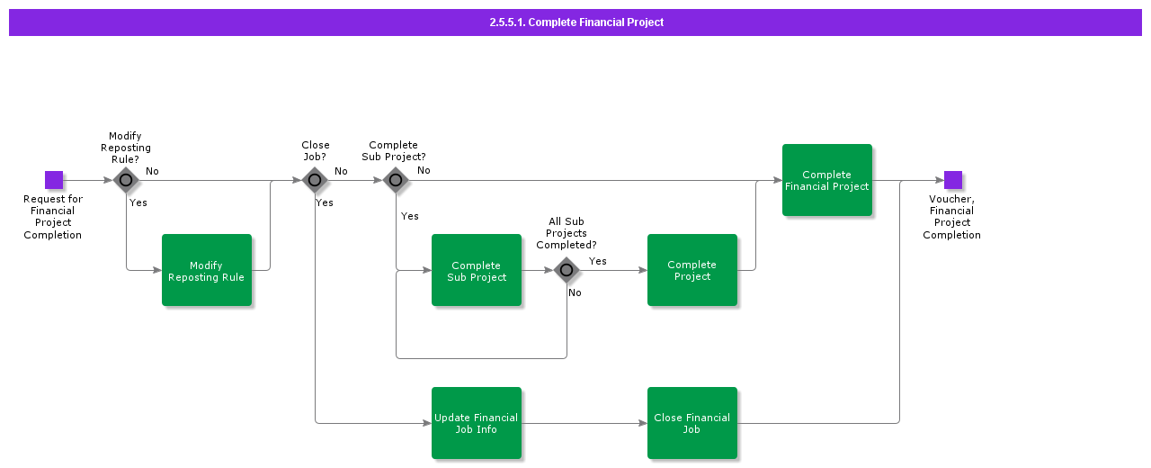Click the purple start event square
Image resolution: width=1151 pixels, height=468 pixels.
click(54, 180)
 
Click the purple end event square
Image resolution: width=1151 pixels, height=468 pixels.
click(953, 180)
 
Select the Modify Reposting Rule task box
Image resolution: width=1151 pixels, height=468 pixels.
click(207, 270)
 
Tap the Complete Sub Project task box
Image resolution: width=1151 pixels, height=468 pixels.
click(477, 270)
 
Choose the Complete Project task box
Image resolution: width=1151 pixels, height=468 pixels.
click(692, 270)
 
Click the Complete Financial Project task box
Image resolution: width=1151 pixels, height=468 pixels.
click(827, 180)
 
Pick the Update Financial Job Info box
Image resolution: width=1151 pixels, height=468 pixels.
click(477, 423)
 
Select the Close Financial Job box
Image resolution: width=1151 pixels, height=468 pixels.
click(692, 423)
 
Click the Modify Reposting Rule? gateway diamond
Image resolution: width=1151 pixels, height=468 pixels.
click(126, 180)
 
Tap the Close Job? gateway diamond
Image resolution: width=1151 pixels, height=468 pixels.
click(315, 180)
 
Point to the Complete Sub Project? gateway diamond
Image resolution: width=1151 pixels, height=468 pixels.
click(396, 180)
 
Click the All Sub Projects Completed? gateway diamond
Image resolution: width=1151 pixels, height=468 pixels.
click(567, 270)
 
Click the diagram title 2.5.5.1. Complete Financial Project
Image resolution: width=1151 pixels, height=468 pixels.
click(576, 22)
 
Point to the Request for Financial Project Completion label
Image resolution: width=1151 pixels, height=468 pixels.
click(53, 217)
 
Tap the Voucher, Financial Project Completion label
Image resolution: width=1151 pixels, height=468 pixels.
click(951, 217)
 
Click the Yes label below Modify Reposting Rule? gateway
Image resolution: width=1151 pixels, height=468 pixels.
click(138, 202)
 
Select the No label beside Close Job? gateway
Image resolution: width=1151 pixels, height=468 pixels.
click(341, 171)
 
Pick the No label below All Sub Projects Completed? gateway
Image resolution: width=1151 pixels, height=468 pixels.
click(575, 292)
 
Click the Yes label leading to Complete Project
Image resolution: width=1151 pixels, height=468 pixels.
click(597, 261)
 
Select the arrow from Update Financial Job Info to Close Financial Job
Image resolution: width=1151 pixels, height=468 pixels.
click(584, 423)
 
